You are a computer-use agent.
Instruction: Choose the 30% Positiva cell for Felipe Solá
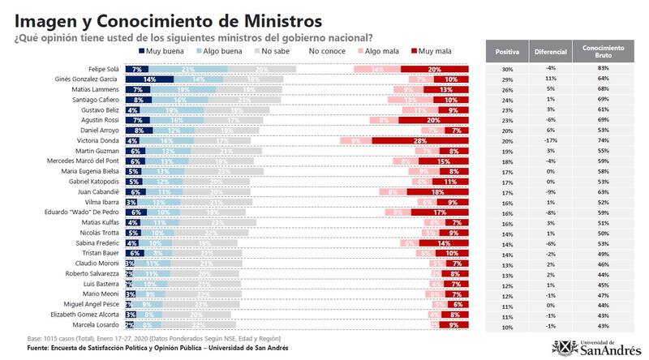[507, 69]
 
